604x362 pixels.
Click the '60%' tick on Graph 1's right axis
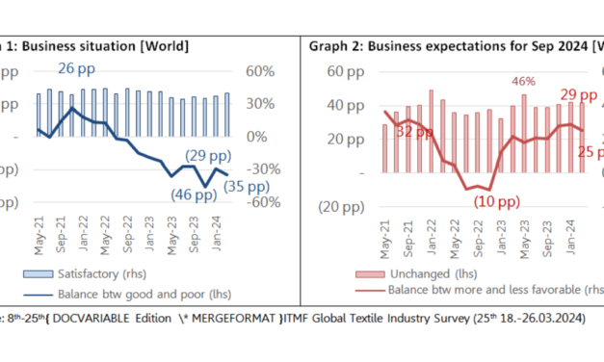tap(261, 71)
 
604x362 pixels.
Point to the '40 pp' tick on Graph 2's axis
tap(334, 105)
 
